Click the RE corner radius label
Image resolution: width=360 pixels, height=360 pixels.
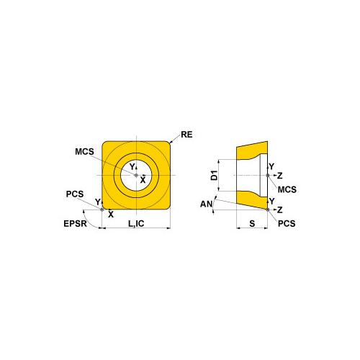[x=186, y=135]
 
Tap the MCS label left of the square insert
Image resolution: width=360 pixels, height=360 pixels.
[x=84, y=152]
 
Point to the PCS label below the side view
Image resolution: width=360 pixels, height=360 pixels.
[x=287, y=225]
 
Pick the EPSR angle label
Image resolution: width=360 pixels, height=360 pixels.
[x=74, y=224]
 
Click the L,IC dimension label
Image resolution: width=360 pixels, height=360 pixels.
[x=136, y=225]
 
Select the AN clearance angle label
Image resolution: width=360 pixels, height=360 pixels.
[x=207, y=204]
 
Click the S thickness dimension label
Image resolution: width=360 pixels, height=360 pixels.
[x=252, y=224]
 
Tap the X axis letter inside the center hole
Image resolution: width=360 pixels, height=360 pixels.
[x=143, y=179]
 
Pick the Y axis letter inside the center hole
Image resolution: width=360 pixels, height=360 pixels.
[x=132, y=167]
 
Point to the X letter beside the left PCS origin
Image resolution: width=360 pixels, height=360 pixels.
[x=110, y=214]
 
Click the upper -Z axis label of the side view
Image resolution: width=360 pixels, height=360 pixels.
[x=279, y=175]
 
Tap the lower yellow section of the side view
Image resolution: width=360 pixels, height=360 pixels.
[x=251, y=199]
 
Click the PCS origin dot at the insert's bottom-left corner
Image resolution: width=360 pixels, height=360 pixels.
[x=104, y=210]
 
